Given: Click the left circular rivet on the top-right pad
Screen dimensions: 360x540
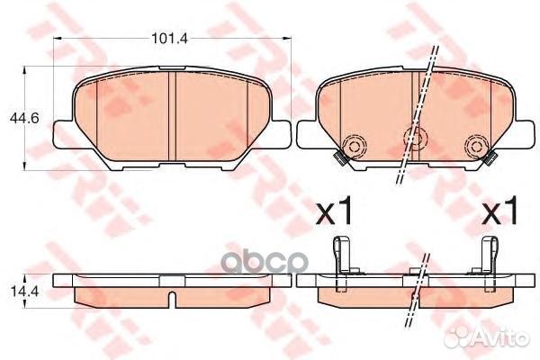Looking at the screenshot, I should pyautogui.click(x=354, y=148).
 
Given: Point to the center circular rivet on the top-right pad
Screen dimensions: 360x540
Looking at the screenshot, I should pyautogui.click(x=414, y=138).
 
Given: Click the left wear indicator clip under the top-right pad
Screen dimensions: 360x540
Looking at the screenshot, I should pyautogui.click(x=338, y=160).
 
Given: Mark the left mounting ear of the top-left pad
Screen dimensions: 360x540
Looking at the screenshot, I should pyautogui.click(x=61, y=134).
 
